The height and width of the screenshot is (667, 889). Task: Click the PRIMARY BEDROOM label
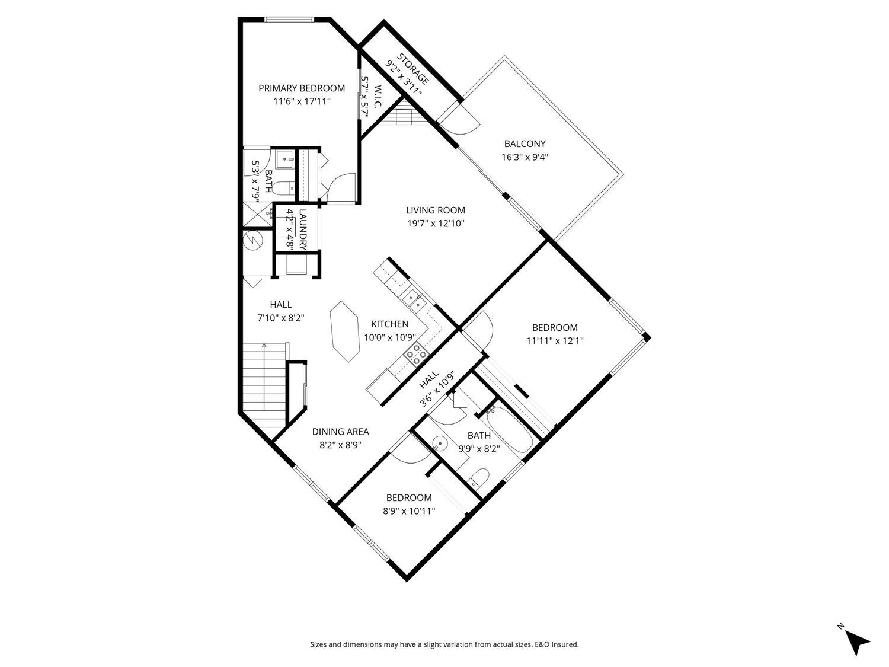coord(301,88)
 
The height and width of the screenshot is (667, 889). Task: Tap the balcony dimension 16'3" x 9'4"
coord(525,158)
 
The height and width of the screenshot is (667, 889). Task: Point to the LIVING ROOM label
coord(435,210)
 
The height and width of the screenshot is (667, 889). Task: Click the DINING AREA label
coord(340,432)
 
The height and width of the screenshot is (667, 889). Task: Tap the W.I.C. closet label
coord(378,97)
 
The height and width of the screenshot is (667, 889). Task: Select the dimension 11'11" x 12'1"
coord(554,341)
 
